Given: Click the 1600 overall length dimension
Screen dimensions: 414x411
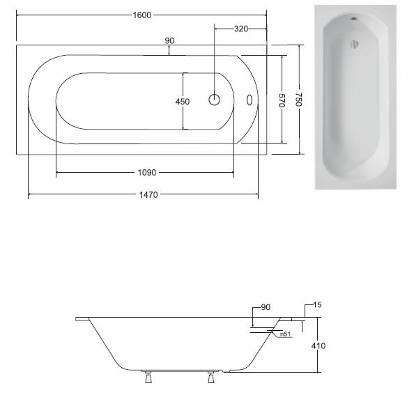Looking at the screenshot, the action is click(x=141, y=15).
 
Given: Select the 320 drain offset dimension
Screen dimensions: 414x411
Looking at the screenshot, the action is click(x=241, y=29).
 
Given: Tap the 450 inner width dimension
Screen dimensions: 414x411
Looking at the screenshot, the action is click(x=183, y=102).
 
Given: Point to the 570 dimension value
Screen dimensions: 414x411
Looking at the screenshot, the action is click(x=282, y=100).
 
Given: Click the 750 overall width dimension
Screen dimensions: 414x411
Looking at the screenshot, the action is click(x=298, y=99).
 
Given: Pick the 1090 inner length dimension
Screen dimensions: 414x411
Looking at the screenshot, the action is click(x=147, y=173).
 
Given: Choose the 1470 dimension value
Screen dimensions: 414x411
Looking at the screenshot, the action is click(x=148, y=195).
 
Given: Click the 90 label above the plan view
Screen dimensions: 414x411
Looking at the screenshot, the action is click(x=169, y=40).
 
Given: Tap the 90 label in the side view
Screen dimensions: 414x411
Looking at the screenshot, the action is click(x=266, y=307).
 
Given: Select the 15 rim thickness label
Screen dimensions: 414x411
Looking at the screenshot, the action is click(x=317, y=305).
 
